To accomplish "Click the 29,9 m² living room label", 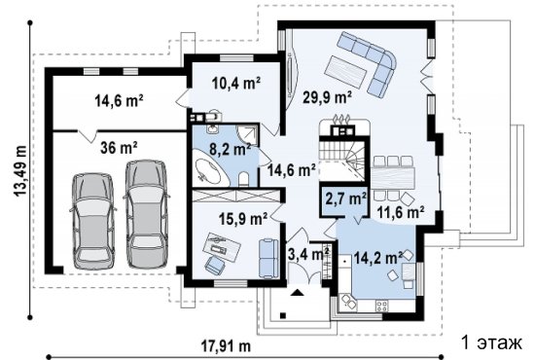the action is click(327, 98).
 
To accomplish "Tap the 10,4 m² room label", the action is click(235, 83).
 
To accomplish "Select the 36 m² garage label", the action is click(119, 148).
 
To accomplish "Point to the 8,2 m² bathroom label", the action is click(230, 150).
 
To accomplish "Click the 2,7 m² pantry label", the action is click(345, 198).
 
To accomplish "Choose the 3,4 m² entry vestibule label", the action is click(308, 254).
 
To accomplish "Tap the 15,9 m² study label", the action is click(243, 219).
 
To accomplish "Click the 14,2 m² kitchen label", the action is click(378, 258).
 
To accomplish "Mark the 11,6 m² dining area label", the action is click(401, 212).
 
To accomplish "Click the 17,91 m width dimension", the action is click(226, 346).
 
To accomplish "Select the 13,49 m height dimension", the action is click(20, 170).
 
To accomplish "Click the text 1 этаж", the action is click(491, 342).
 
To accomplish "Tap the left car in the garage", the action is click(92, 221).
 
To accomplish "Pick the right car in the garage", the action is click(147, 214).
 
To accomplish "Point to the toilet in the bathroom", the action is click(243, 179).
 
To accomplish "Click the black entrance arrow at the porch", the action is click(298, 292).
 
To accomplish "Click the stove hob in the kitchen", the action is click(382, 306).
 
